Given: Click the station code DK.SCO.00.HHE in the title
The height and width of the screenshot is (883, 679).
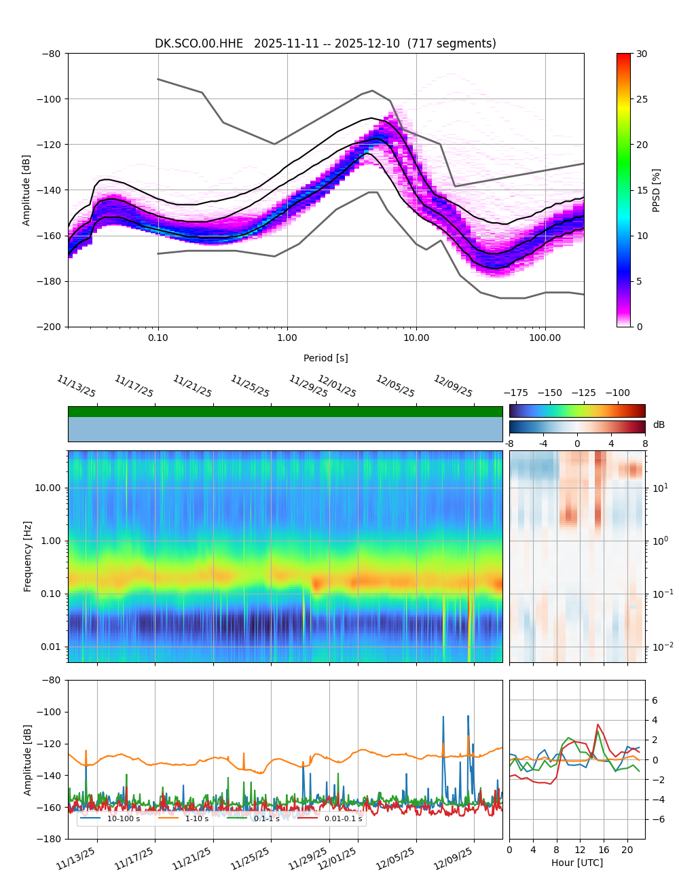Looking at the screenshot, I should point(199,44).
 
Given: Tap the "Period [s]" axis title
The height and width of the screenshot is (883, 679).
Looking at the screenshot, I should point(326,358).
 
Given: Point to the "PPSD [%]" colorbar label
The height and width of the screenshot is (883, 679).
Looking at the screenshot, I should point(657,190).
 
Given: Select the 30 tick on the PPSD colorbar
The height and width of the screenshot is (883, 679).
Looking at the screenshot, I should point(642,54).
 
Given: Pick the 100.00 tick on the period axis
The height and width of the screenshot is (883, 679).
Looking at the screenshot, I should point(545,338).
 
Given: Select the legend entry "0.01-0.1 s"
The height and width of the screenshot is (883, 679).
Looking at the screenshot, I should point(343,818).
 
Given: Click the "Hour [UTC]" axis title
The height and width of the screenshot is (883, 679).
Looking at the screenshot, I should point(576,863).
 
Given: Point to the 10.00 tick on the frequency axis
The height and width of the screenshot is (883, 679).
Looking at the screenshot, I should point(48,488).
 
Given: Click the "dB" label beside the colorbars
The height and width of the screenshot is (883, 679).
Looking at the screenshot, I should point(659,425).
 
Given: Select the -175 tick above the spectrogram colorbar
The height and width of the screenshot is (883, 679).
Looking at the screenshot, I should point(519,393).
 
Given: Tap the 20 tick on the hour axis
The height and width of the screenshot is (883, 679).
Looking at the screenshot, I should point(627,850).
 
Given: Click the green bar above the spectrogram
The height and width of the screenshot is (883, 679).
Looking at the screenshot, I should point(285,412).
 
